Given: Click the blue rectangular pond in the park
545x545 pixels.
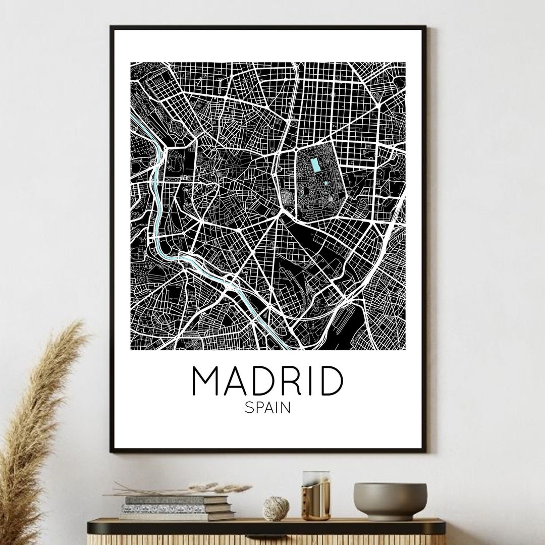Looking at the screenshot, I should [316, 165].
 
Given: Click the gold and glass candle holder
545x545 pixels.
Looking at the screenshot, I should [315, 496].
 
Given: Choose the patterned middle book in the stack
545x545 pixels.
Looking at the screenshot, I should [167, 508].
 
